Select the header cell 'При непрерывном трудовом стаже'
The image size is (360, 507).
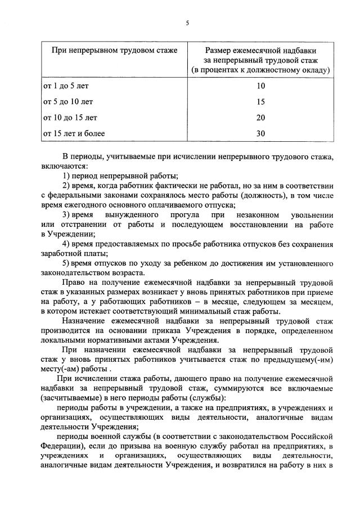(114, 50)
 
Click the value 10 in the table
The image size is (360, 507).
(260, 86)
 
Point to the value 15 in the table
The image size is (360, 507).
(260, 102)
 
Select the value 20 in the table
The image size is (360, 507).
(260, 118)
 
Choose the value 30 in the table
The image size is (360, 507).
(260, 133)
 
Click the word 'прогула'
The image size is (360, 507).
(177, 215)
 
